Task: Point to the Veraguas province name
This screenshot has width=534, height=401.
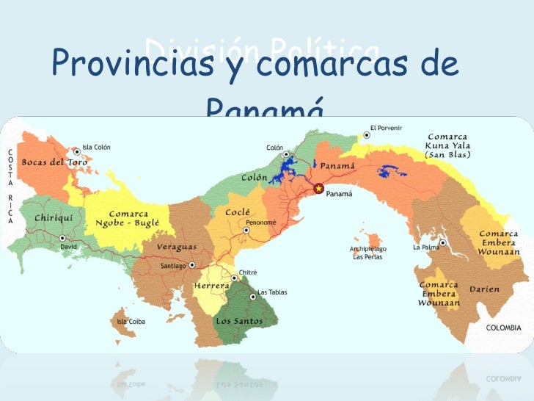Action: (x=175, y=248)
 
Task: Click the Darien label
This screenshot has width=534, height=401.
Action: (x=486, y=289)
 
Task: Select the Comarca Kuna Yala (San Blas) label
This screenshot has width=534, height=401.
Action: (x=448, y=145)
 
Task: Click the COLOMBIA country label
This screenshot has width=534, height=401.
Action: (x=504, y=328)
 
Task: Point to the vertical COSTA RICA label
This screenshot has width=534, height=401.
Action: (x=10, y=188)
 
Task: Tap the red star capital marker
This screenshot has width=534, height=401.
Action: (x=318, y=189)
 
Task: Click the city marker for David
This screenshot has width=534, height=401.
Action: (x=63, y=237)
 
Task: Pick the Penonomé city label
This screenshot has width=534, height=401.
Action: (x=261, y=221)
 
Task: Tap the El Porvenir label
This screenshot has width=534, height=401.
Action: (x=387, y=128)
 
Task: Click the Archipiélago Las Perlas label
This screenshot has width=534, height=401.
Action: (x=367, y=253)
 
